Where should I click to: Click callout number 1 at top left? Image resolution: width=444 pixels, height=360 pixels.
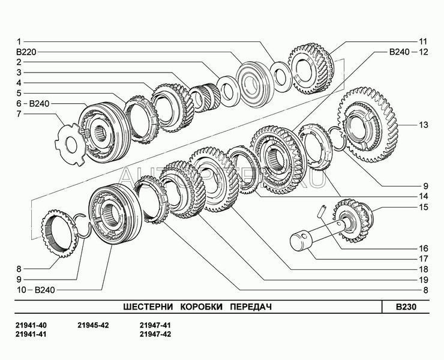[19, 42]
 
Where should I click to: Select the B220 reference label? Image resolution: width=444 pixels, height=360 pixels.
[26, 52]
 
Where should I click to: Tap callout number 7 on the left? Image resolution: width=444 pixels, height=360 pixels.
[19, 114]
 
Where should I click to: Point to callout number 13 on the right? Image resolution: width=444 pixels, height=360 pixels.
[424, 125]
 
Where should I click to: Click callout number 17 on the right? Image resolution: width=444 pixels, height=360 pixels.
[424, 259]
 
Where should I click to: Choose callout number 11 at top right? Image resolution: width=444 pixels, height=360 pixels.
[423, 41]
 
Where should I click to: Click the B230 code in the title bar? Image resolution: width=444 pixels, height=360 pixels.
[406, 307]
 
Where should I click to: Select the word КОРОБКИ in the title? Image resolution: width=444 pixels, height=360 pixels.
[202, 307]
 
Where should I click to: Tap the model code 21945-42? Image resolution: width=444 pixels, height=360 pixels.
[93, 325]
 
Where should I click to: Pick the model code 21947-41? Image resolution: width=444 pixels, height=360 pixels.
[155, 325]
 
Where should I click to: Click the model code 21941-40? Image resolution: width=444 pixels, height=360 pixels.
[31, 325]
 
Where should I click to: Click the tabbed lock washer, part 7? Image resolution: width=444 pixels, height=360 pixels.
[71, 144]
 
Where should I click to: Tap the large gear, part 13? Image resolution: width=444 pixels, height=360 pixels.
[368, 125]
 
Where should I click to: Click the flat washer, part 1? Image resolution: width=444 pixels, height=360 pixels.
[281, 76]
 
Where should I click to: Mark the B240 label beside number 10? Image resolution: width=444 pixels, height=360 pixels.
[45, 290]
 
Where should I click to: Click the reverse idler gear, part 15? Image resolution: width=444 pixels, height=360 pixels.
[354, 221]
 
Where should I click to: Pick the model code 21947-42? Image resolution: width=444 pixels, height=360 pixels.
[155, 334]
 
